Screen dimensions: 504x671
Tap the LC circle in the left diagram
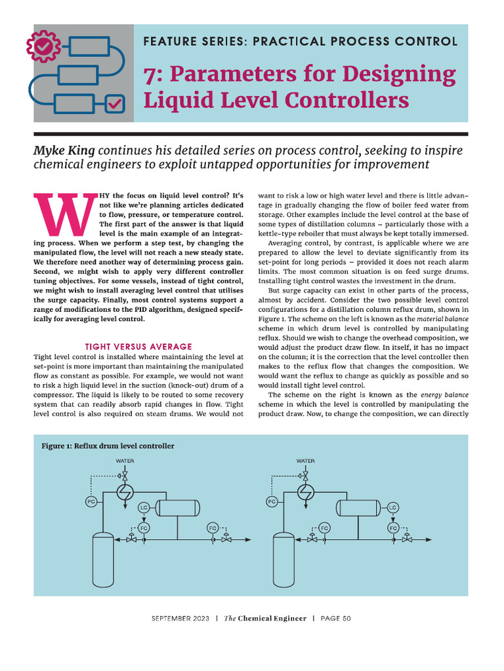[x=144, y=508]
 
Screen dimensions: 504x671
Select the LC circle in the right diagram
[x=392, y=507]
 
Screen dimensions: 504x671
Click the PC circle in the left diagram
[x=91, y=502]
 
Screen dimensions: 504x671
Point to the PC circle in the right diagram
[x=272, y=502]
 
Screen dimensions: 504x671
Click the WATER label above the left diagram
[x=125, y=461]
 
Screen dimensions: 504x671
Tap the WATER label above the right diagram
[x=305, y=461]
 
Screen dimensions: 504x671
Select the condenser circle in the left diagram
[x=125, y=492]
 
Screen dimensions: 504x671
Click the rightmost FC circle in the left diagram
[x=213, y=527]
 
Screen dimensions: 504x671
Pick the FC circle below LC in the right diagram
[x=393, y=527]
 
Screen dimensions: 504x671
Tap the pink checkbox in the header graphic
[x=114, y=104]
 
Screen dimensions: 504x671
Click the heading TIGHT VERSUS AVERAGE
[x=139, y=347]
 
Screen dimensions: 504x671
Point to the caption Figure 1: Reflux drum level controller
[x=108, y=446]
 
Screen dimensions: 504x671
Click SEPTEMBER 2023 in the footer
[x=180, y=619]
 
